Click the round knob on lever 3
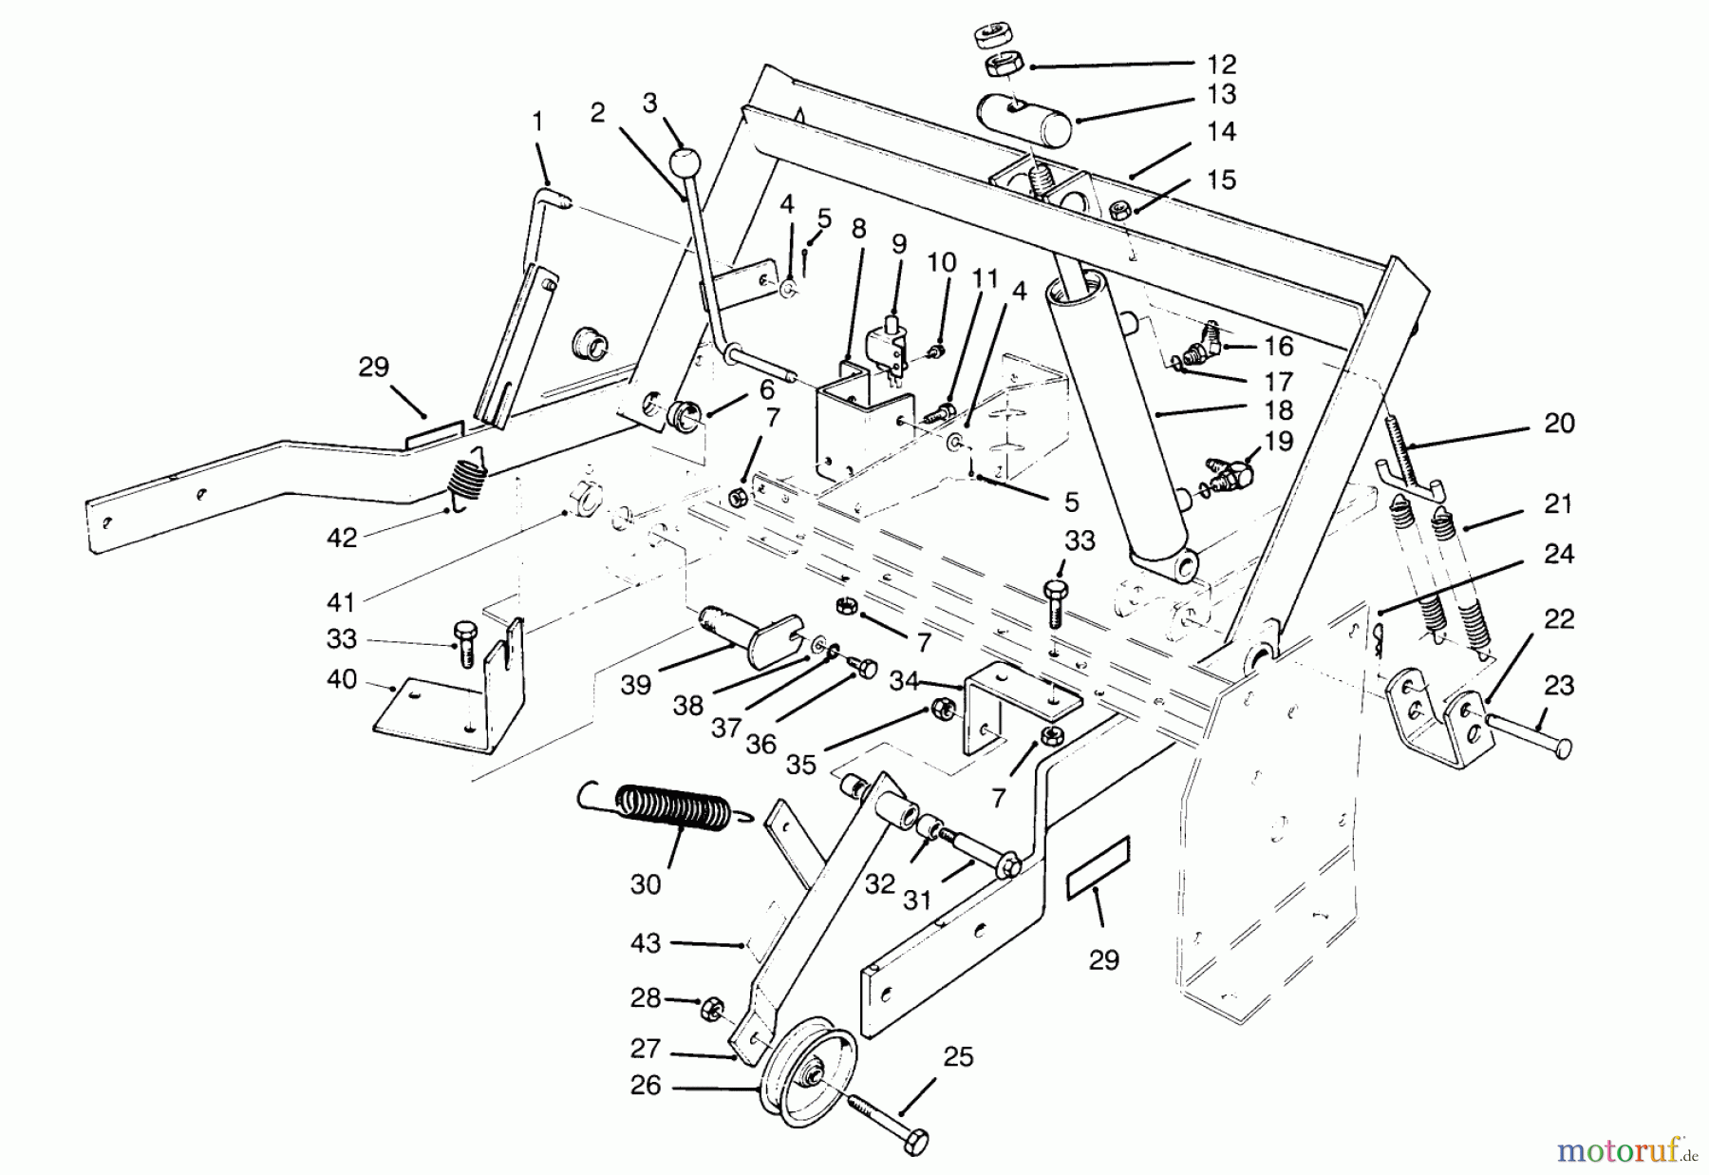683,162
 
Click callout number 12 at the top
1221,65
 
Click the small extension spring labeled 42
466,481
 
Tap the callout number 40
341,680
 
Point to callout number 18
1278,410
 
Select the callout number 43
645,943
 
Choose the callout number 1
537,122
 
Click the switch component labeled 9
888,351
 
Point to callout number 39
635,684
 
